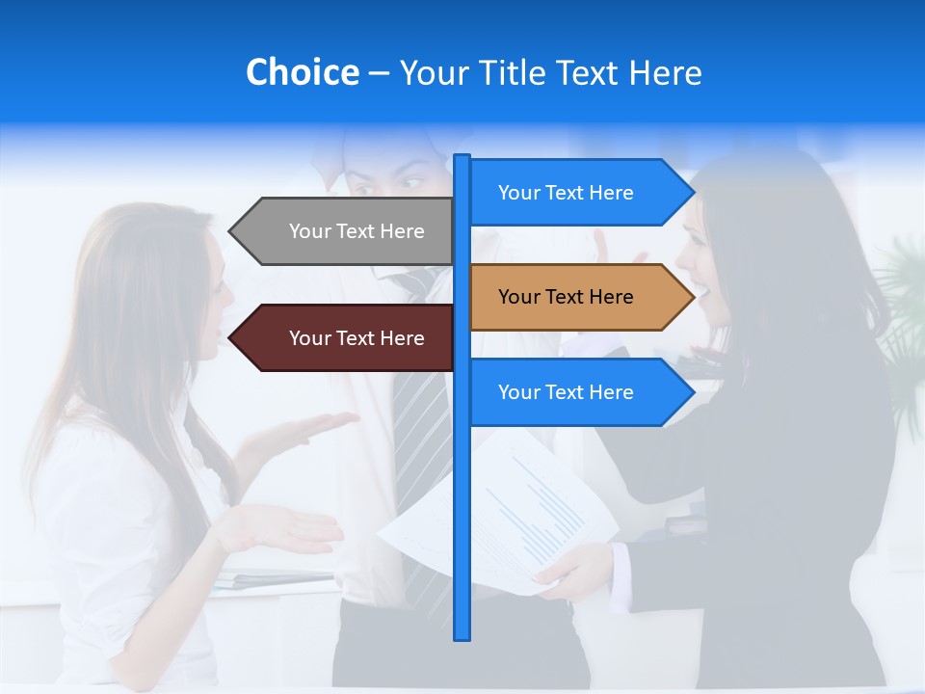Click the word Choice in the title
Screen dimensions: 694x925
click(302, 72)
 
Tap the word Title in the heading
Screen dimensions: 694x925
click(508, 73)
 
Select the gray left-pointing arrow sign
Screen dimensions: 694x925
click(347, 231)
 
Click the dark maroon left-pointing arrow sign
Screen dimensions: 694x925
click(347, 338)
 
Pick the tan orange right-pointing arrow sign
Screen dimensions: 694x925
click(573, 297)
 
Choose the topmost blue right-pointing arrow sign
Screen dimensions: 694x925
click(573, 193)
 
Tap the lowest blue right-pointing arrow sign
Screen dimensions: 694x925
click(573, 392)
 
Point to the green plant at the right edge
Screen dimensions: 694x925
click(906, 308)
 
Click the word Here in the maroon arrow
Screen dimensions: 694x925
click(402, 338)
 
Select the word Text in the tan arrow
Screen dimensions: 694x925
click(566, 297)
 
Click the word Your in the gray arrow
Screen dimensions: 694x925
click(310, 231)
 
